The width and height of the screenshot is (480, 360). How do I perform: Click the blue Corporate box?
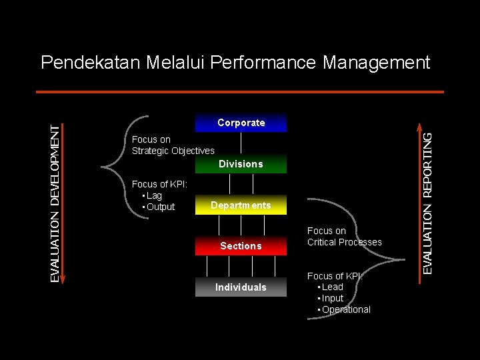coord(241,123)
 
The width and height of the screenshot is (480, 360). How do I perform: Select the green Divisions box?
coord(241,164)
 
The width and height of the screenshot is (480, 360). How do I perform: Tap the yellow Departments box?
coord(241,205)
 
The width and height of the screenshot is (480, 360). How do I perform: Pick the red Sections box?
coord(241,246)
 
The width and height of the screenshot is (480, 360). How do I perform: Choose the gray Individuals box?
coord(241,287)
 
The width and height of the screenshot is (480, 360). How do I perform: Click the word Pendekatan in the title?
coord(90,63)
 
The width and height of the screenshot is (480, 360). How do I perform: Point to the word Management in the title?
coord(377,63)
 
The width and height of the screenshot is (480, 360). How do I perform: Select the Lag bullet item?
coord(154,195)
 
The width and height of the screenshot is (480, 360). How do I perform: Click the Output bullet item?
coord(161,207)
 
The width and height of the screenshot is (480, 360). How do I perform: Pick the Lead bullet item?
coord(333,287)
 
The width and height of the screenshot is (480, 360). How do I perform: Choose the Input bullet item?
coord(333,298)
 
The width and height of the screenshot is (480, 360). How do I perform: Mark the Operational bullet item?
coord(346,309)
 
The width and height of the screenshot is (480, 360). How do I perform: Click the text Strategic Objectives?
coord(173,151)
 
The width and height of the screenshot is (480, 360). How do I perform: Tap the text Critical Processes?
coord(345,242)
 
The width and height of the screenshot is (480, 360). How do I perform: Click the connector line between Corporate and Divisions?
coord(241,143)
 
